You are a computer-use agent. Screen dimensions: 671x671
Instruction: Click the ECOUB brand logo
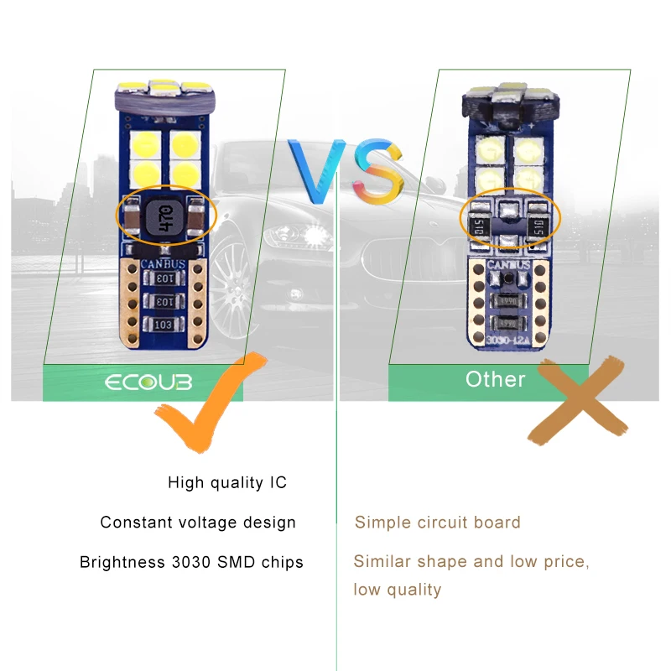point(148,383)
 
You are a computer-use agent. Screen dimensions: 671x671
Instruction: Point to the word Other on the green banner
point(495,379)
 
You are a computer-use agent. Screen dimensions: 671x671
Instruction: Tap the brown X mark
point(579,401)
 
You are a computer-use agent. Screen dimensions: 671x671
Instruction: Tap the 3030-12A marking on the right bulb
point(506,339)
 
